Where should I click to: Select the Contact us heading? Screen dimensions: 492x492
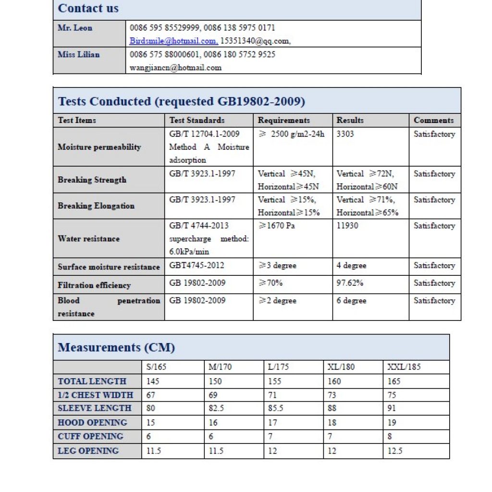[x=88, y=9]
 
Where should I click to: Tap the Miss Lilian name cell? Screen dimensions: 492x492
[x=79, y=54]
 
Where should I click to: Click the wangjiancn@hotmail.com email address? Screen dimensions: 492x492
[x=176, y=68]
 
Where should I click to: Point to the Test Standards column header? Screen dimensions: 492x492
[x=197, y=120]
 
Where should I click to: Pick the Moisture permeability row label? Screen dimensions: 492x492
[x=99, y=147]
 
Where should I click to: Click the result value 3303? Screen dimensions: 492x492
[x=345, y=134]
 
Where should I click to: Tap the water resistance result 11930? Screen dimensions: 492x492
[x=347, y=225]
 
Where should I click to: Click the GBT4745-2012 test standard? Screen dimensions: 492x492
[x=197, y=265]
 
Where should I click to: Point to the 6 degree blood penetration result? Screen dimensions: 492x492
[x=351, y=301]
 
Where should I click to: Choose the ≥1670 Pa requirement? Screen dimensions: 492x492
[x=277, y=225]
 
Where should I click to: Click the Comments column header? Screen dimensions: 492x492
[x=433, y=120]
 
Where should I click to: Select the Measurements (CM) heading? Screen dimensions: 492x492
[x=116, y=347]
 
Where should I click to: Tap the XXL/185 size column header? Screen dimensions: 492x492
[x=404, y=367]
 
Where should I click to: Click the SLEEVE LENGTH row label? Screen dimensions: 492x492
[x=95, y=408]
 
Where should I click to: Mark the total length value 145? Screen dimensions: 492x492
[x=153, y=381]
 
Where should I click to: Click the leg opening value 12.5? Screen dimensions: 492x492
[x=394, y=451]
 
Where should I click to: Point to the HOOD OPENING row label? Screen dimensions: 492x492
[x=93, y=423]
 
